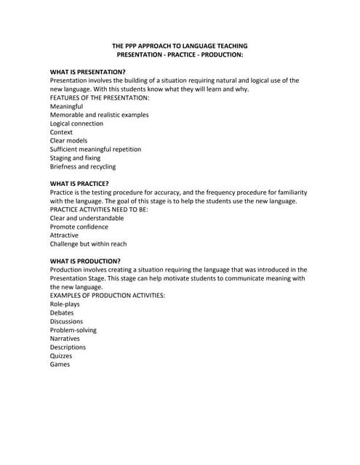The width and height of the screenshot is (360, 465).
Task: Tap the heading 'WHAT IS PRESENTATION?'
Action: pos(87,72)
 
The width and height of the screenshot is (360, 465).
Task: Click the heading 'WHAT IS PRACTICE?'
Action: pos(79,183)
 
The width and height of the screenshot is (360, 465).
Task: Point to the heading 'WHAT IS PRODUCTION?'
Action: pos(85,261)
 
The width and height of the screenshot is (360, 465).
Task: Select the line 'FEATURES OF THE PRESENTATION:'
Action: pos(100,97)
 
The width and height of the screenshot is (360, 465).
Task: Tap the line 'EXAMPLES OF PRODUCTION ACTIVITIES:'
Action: pos(107,295)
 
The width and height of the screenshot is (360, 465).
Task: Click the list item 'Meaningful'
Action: pos(66,106)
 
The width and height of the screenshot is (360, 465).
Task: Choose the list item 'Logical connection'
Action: pos(76,124)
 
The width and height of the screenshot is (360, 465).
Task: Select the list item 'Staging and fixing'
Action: pos(75,158)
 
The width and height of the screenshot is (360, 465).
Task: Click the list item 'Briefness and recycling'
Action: pos(82,166)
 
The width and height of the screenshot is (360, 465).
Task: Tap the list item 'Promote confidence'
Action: pos(79,227)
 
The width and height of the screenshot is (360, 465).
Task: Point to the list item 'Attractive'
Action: pos(64,235)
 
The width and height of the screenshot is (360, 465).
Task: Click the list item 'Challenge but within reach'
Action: pos(88,244)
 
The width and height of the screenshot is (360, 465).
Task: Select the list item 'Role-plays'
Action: pos(65,304)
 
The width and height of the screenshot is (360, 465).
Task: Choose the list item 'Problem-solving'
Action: pos(73,330)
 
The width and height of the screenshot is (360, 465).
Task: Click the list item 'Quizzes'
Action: pos(61,355)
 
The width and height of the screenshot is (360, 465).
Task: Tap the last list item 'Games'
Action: pos(60,364)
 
